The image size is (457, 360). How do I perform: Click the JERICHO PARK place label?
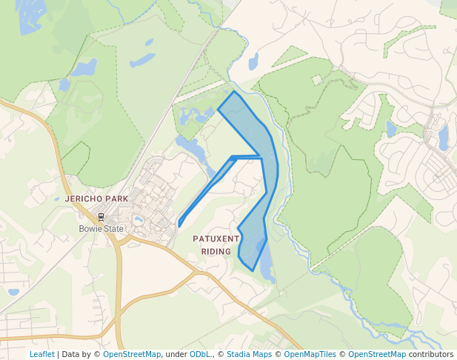[96, 199]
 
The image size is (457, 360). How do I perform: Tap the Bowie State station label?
[101, 229]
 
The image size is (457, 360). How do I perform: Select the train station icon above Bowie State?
[100, 217]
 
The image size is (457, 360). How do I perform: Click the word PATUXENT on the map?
[216, 239]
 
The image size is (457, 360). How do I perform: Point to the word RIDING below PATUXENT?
[216, 251]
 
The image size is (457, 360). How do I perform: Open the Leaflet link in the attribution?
[41, 355]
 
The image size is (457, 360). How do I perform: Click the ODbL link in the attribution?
[200, 355]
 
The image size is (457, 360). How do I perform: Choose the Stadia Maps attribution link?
[249, 355]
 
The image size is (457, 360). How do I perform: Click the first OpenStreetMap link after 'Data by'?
[132, 355]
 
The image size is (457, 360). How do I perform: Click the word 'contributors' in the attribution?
[431, 355]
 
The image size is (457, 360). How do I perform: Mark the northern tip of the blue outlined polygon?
[235, 92]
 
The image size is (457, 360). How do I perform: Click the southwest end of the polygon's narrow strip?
[179, 224]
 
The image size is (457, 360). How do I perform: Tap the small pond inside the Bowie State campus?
[138, 220]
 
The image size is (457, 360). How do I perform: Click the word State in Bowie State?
[113, 229]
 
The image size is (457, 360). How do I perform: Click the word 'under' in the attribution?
[176, 355]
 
